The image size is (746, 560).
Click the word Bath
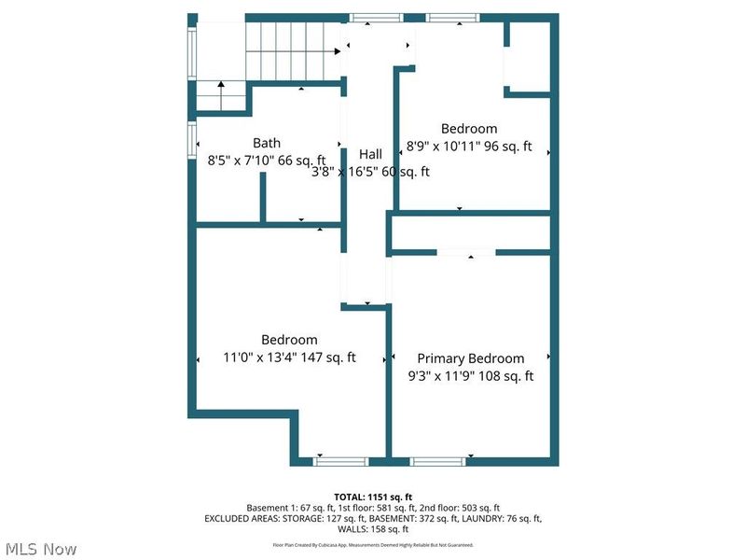coord(267,143)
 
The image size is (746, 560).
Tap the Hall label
coord(370,154)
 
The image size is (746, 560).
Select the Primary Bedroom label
coord(470,358)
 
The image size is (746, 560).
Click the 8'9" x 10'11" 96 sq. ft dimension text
coord(469,147)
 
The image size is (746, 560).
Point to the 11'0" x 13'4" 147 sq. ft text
coord(289,357)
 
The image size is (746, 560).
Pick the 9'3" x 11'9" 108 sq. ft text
coord(470,376)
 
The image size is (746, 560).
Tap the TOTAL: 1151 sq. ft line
coord(372,496)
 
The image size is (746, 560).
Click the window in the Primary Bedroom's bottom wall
coord(438,460)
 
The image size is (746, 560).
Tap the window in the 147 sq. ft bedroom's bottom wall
coord(340,460)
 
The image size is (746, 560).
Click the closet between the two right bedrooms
coord(471,232)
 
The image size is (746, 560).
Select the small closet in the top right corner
coord(530,56)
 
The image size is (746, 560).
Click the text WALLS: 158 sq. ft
coord(372,528)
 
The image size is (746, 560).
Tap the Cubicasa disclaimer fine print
coord(372,544)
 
